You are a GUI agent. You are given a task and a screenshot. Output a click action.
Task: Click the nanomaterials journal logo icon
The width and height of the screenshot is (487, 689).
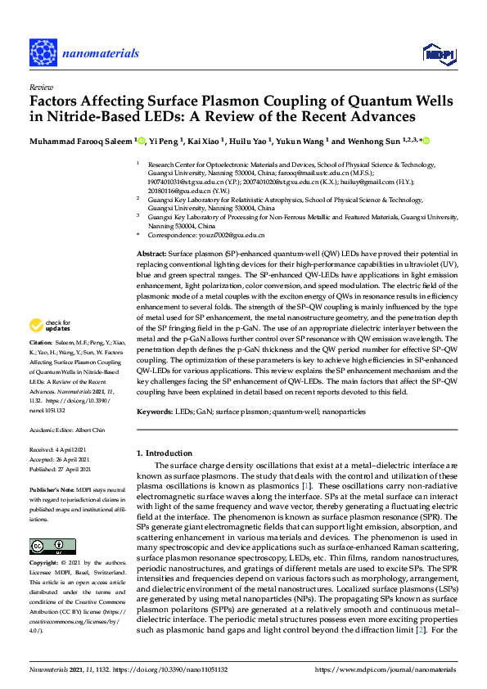click(x=44, y=52)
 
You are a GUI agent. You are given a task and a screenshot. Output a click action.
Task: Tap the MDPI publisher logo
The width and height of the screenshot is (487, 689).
click(x=438, y=53)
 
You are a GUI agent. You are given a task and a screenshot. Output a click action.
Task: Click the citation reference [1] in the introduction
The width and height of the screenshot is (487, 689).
click(x=305, y=485)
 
